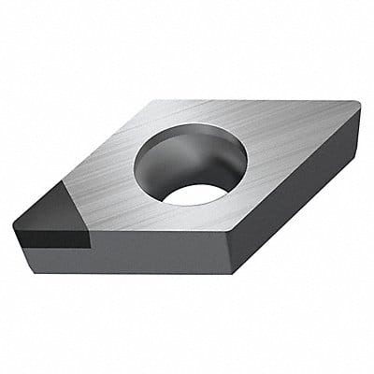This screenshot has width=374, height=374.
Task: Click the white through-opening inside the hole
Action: pyautogui.click(x=195, y=194)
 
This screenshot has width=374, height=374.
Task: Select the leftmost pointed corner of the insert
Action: pyautogui.click(x=14, y=221)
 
